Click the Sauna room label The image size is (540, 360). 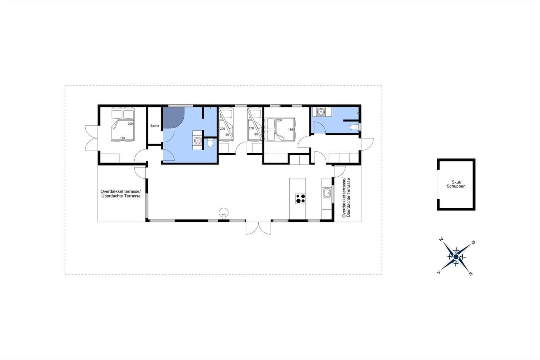[x=155, y=126]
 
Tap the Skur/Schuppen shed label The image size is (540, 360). [x=456, y=184]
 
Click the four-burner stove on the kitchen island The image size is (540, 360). [x=300, y=199]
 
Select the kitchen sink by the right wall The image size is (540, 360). [x=327, y=193]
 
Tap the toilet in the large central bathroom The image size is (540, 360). [x=211, y=143]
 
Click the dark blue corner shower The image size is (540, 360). [x=173, y=118]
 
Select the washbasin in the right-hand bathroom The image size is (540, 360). [x=321, y=112]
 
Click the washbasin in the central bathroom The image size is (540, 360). [x=197, y=140]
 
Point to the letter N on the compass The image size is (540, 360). [x=441, y=239]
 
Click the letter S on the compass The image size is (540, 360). [x=470, y=274]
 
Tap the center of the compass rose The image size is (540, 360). [x=456, y=257]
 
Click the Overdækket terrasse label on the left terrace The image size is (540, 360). [x=120, y=191]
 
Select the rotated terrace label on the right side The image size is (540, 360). [x=346, y=198]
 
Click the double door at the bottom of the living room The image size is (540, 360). [x=258, y=228]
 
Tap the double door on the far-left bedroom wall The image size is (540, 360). [x=91, y=138]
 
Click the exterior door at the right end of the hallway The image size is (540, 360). [x=367, y=144]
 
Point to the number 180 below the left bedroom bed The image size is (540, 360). [x=123, y=138]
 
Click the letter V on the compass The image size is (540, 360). [x=439, y=272]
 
